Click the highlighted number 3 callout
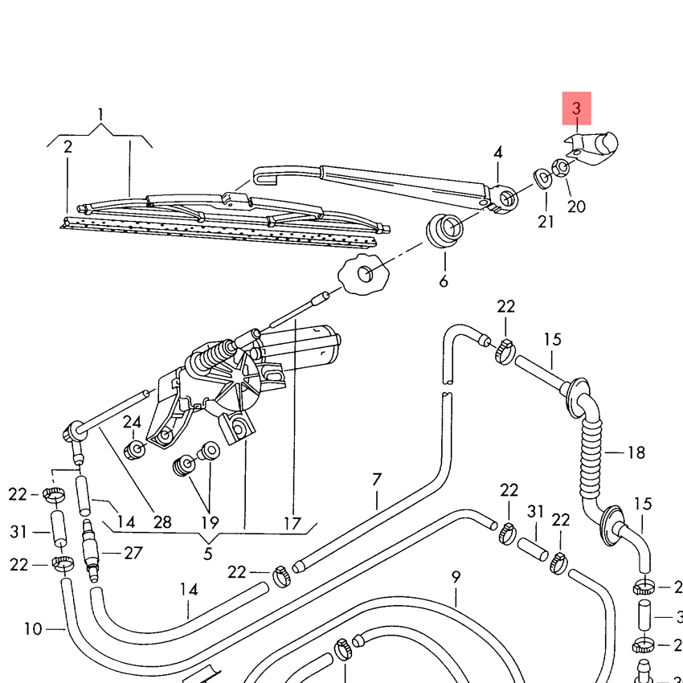575,108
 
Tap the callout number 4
498,152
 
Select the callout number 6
444,280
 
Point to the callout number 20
576,207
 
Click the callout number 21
546,222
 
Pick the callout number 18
636,453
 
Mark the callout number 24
132,422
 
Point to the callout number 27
133,553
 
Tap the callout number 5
208,553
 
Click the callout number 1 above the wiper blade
100,113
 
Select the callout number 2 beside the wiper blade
67,147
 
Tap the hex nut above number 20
563,167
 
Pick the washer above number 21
543,176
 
